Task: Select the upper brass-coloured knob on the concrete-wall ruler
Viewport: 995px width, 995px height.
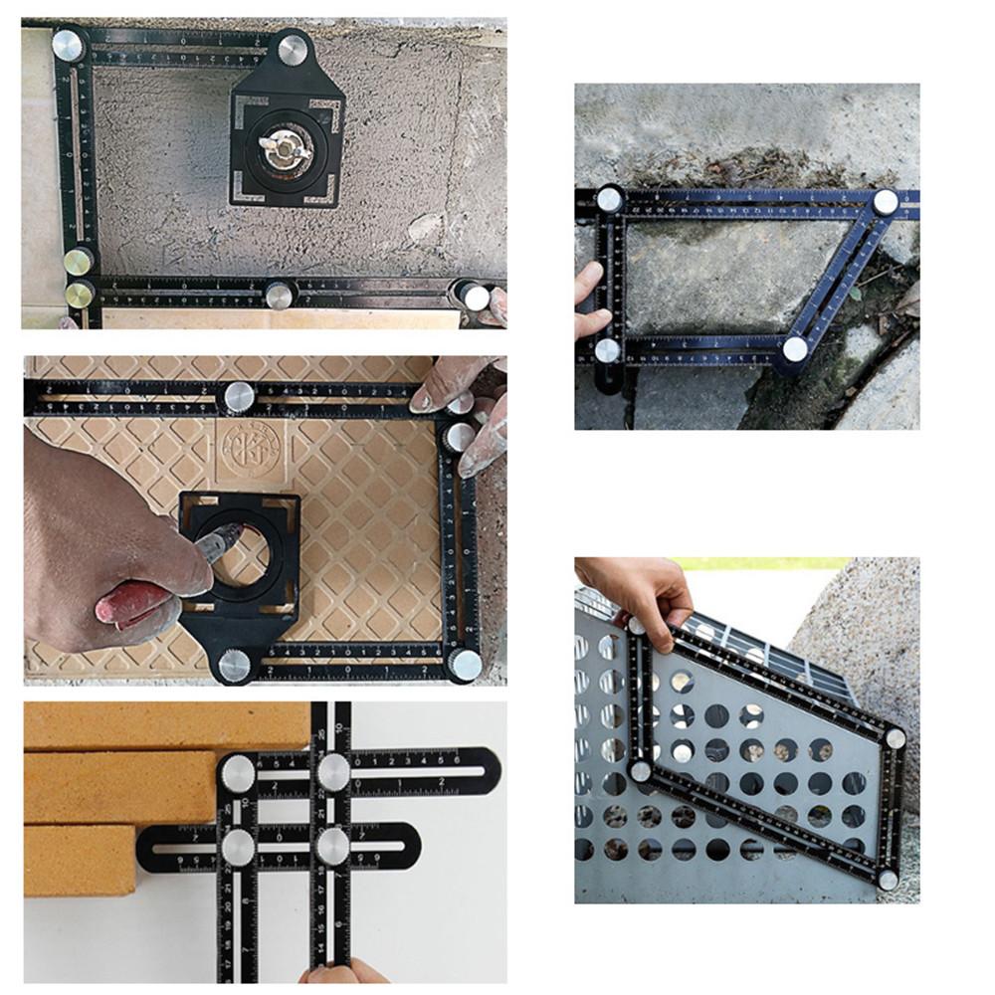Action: pyautogui.click(x=79, y=262)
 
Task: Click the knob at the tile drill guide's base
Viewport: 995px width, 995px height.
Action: pyautogui.click(x=234, y=665)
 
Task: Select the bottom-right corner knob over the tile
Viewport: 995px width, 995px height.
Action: pyautogui.click(x=465, y=664)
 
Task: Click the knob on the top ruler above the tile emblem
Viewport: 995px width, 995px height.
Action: pyautogui.click(x=238, y=397)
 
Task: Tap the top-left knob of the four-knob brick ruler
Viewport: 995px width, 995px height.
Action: pyautogui.click(x=238, y=774)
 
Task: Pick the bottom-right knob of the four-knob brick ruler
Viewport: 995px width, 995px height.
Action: pyautogui.click(x=333, y=847)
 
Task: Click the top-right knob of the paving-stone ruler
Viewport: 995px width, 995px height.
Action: pyautogui.click(x=885, y=202)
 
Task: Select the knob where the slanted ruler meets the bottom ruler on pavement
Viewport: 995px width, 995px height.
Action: pyautogui.click(x=794, y=348)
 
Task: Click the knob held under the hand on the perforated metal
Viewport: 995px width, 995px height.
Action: pyautogui.click(x=637, y=625)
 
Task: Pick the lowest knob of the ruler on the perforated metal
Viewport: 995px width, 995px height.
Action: pyautogui.click(x=888, y=880)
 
